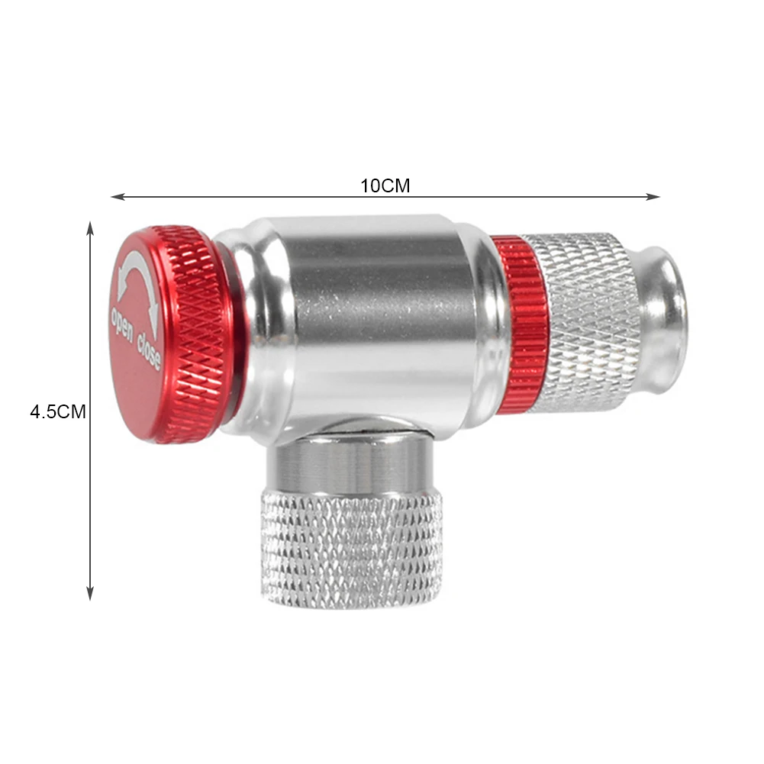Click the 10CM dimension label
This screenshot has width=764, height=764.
coord(385,185)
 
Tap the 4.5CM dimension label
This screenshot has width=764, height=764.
coord(57,412)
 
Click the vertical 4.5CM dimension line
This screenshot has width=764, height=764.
coord(90,496)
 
